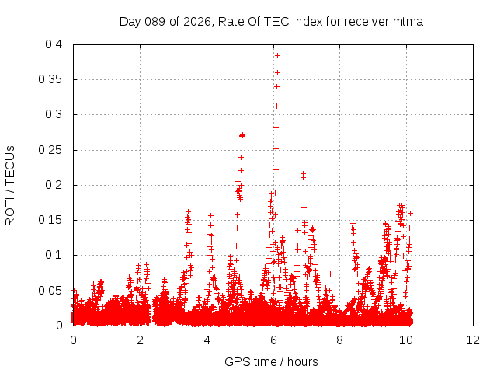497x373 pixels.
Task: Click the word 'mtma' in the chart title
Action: pyautogui.click(x=408, y=22)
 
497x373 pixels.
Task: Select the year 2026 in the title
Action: pyautogui.click(x=196, y=22)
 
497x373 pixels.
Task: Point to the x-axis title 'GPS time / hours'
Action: pyautogui.click(x=271, y=361)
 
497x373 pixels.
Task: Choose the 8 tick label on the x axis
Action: pyautogui.click(x=340, y=340)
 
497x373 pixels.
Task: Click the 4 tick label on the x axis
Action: pyautogui.click(x=207, y=340)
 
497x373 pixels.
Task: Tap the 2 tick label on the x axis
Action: pyautogui.click(x=140, y=340)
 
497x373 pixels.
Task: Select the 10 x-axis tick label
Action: pyautogui.click(x=407, y=340)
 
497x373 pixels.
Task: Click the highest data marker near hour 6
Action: pyautogui.click(x=277, y=55)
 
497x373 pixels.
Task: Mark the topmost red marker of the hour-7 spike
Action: pyautogui.click(x=303, y=173)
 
